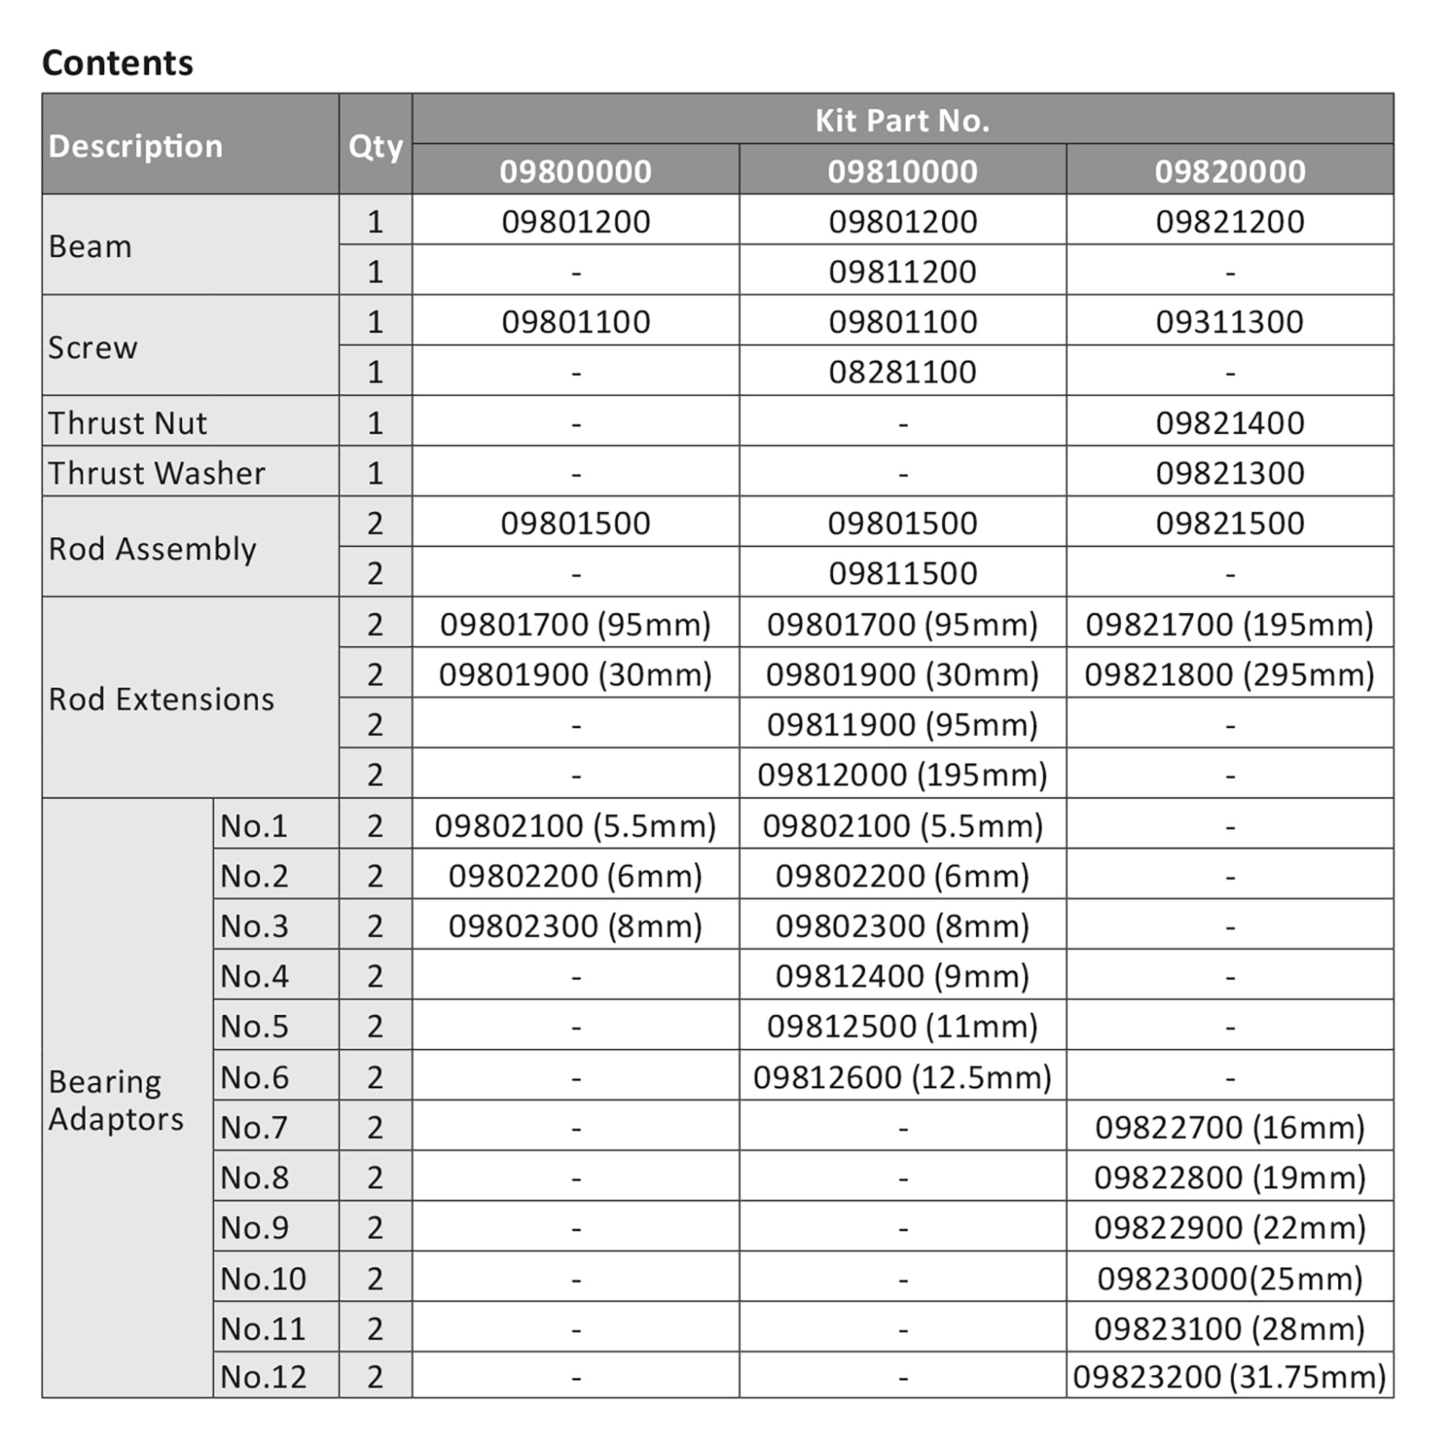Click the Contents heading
[x=118, y=62]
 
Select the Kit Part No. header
[x=902, y=120]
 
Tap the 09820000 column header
[x=1229, y=171]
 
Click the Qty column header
[x=375, y=146]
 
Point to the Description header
[x=135, y=146]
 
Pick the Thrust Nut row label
[x=128, y=423]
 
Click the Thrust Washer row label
[x=156, y=473]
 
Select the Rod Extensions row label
[x=162, y=699]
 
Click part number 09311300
[x=1229, y=322]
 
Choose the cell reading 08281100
[x=902, y=372]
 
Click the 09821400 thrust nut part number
[x=1229, y=423]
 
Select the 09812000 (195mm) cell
[x=902, y=774]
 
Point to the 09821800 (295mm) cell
[x=1229, y=675]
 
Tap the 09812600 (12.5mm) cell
[x=902, y=1078]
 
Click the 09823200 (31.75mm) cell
[x=1229, y=1377]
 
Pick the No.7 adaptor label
[x=254, y=1127]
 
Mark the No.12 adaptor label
[x=262, y=1377]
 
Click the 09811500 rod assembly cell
[x=902, y=574]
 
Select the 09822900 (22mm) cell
[x=1229, y=1228]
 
